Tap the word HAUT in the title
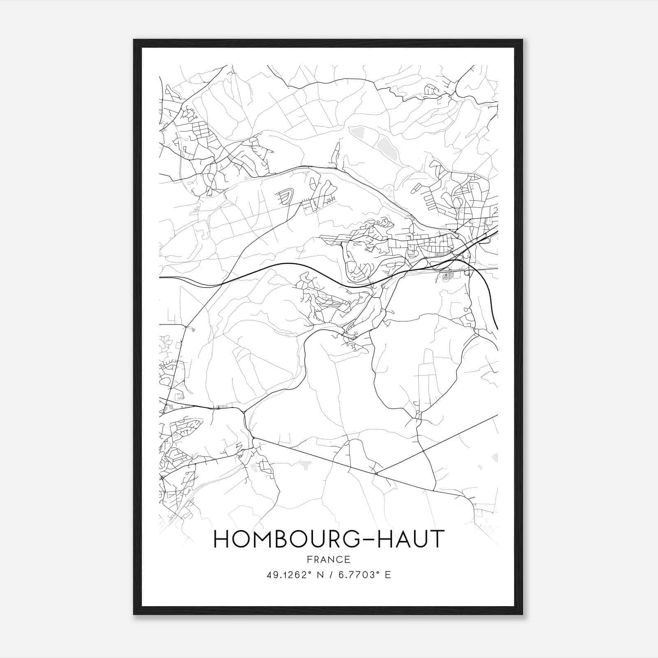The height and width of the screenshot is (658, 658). [412, 539]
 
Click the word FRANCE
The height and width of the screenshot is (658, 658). [329, 559]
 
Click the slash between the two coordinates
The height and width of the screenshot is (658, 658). [331, 575]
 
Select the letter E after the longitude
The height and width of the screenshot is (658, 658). [387, 575]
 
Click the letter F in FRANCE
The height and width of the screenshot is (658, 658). [309, 559]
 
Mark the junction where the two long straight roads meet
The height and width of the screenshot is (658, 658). [377, 474]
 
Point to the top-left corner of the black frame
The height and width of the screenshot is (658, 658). [134, 40]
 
